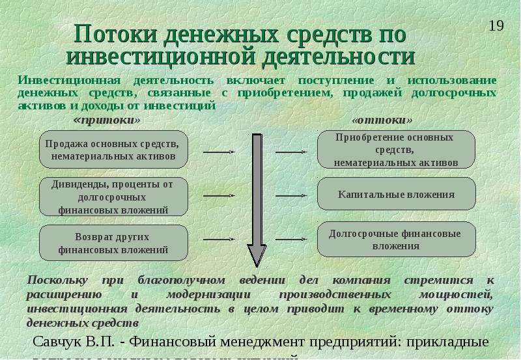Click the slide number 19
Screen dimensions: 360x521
click(496, 26)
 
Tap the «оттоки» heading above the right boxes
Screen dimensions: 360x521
click(382, 121)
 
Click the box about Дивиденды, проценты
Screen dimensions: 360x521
click(114, 197)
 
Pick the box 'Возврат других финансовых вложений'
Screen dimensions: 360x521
click(114, 242)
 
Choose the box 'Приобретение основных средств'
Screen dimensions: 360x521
click(396, 150)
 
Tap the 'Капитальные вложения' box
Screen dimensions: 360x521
click(396, 194)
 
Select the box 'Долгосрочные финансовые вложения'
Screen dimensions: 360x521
click(396, 239)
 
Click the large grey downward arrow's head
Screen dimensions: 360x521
click(255, 255)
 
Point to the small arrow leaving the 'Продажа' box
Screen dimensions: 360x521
click(219, 152)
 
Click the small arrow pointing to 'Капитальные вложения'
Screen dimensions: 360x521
click(290, 195)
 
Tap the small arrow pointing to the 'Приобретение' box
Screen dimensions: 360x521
click(290, 152)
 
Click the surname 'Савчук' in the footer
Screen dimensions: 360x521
click(63, 342)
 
